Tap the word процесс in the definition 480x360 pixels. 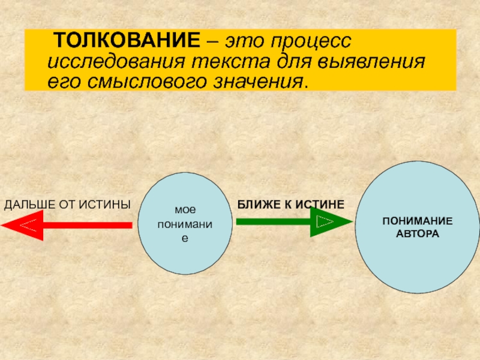(315, 42)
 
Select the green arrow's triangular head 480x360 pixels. (331, 222)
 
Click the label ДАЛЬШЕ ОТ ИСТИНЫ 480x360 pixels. (67, 205)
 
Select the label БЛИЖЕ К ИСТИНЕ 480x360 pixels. (290, 205)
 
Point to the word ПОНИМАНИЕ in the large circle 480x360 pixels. (418, 223)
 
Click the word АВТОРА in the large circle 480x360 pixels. (418, 233)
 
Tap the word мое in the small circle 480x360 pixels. (185, 211)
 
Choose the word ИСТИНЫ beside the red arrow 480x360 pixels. (111, 205)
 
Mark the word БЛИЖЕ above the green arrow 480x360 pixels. (255, 205)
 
